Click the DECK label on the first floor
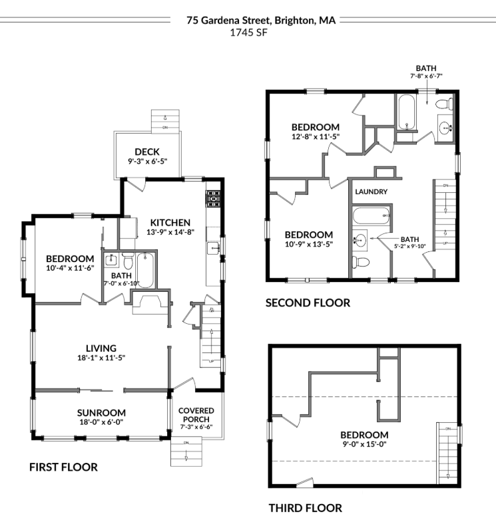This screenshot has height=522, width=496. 147,152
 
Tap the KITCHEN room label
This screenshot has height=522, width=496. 170,223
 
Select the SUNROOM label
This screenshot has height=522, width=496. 101,412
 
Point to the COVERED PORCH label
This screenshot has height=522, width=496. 194,415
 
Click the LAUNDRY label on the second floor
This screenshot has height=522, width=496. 372,192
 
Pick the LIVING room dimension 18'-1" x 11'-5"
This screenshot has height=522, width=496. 101,358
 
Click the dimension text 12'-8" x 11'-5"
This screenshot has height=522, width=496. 316,137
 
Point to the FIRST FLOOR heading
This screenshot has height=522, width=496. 63,467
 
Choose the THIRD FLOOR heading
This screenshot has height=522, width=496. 305,509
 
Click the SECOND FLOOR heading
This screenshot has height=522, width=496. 308,303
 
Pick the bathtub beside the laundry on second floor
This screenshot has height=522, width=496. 372,216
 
